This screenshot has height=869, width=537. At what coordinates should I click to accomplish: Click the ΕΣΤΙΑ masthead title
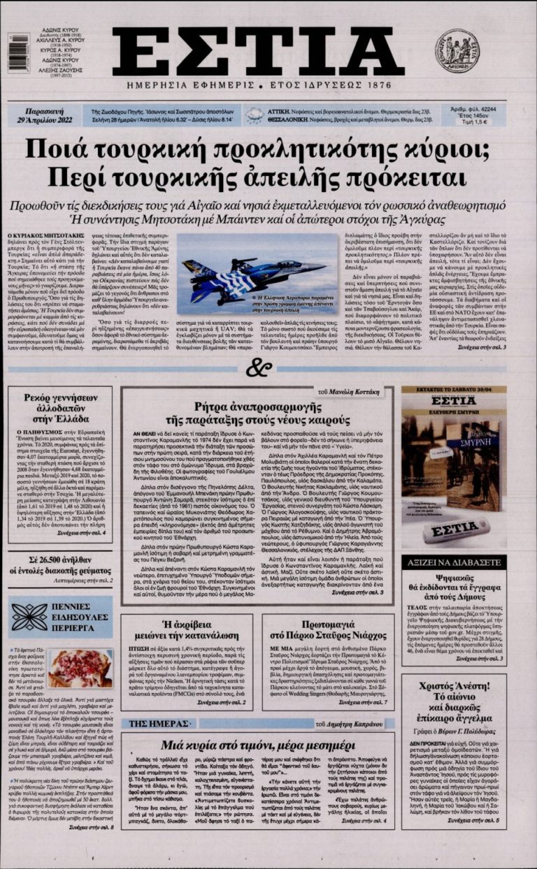[259, 52]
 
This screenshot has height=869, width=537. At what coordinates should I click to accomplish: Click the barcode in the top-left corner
[18, 52]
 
